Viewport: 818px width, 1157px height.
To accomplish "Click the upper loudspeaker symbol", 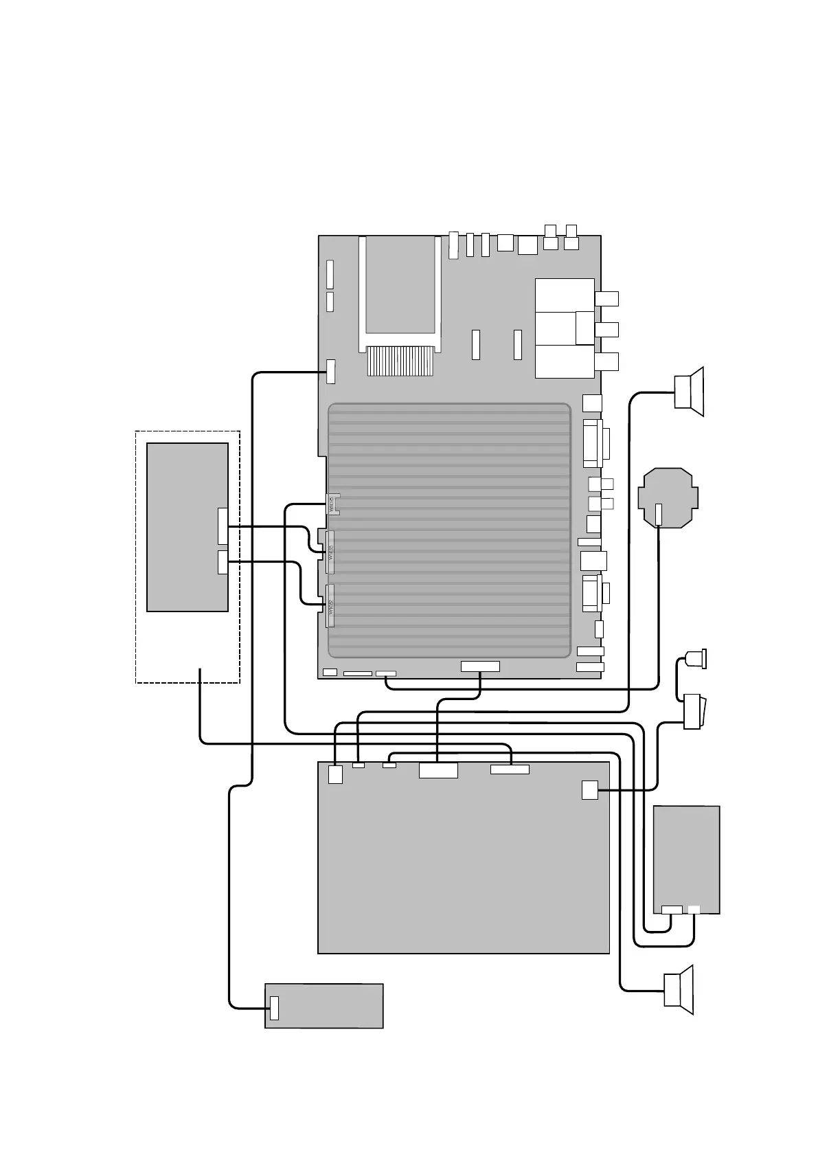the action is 690,392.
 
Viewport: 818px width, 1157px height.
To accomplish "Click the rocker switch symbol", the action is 692,711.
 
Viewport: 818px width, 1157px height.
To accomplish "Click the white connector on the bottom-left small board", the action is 274,1007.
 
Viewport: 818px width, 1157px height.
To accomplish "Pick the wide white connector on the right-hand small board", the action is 672,910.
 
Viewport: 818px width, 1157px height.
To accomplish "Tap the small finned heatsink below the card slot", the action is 401,361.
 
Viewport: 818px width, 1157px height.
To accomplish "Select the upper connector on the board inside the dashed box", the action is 222,526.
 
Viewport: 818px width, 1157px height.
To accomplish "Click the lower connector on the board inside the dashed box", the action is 222,562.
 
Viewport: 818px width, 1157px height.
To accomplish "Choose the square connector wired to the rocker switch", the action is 589,790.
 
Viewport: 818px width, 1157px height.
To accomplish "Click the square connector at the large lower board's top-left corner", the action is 335,774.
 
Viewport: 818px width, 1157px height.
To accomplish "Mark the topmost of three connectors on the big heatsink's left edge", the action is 332,505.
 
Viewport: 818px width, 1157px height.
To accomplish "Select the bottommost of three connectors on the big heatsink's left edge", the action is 330,606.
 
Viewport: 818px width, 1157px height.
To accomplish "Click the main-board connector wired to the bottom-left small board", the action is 331,371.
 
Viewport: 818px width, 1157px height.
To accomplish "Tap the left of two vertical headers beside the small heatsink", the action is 475,344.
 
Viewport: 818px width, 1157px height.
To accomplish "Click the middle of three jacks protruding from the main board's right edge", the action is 606,330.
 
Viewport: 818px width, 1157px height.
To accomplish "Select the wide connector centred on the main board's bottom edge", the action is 480,666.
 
